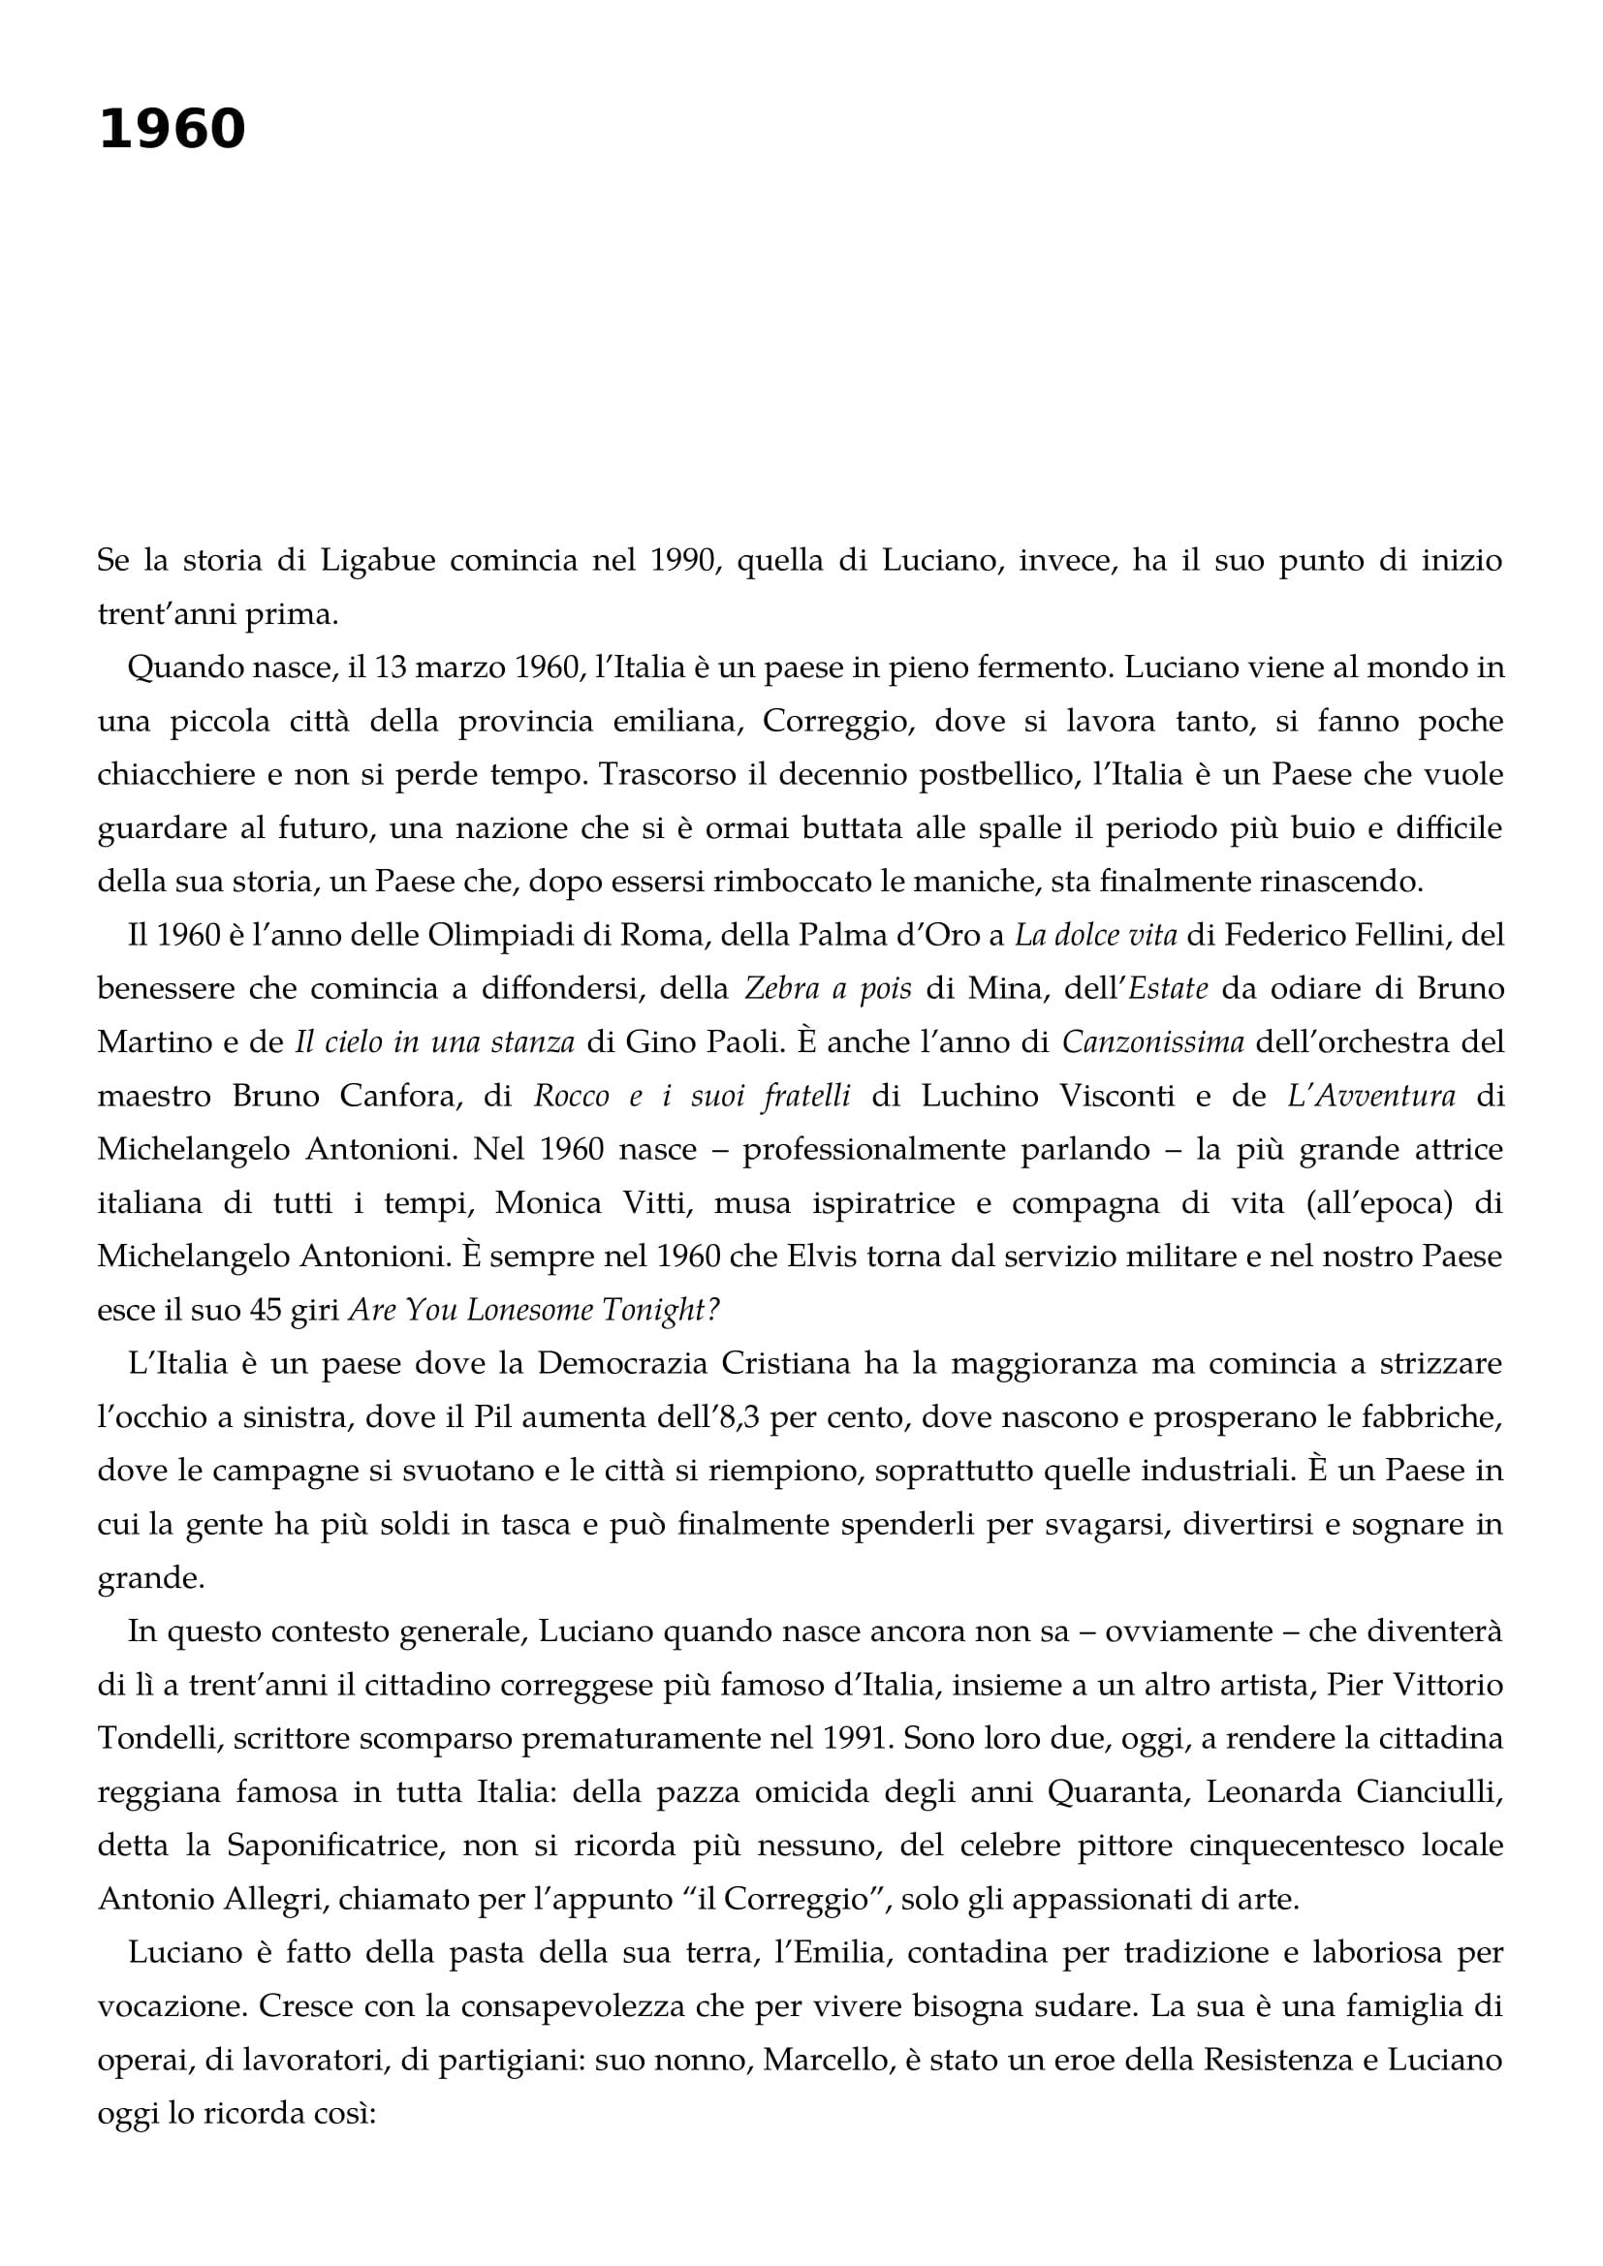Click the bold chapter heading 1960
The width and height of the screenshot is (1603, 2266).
coord(172,129)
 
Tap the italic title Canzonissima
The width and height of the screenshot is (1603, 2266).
coord(1152,1041)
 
